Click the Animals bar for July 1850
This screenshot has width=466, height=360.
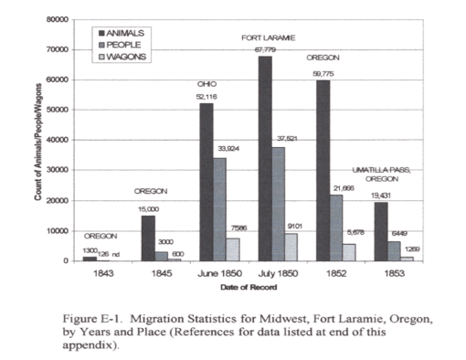(x=265, y=159)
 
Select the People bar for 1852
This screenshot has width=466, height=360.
(x=337, y=228)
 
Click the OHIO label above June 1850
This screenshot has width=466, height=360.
(x=207, y=83)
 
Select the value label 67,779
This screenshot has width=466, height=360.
(x=266, y=49)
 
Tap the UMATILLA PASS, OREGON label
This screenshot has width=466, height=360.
(x=382, y=175)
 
